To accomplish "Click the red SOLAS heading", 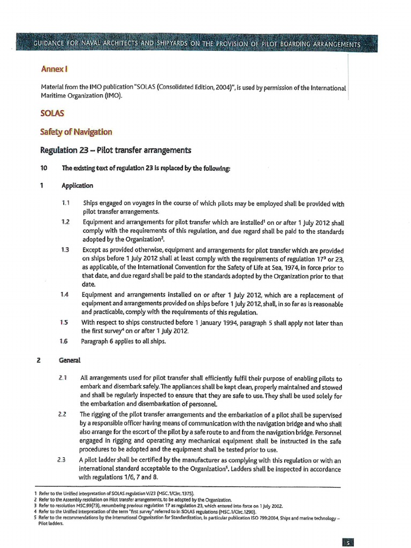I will (52, 113).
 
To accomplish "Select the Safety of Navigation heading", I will (76, 132).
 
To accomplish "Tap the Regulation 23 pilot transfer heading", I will (116, 150).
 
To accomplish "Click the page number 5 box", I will (348, 542).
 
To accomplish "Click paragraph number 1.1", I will (65, 203).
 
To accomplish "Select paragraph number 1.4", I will (65, 295).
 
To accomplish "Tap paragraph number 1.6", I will (65, 341).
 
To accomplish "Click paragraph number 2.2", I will (62, 414).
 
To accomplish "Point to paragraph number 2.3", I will (62, 460).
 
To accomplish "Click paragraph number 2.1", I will (62, 378).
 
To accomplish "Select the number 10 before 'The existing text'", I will (44, 168).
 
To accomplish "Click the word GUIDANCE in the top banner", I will (54, 44).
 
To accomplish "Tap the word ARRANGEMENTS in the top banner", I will (330, 44).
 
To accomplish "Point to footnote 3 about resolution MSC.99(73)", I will (161, 505).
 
